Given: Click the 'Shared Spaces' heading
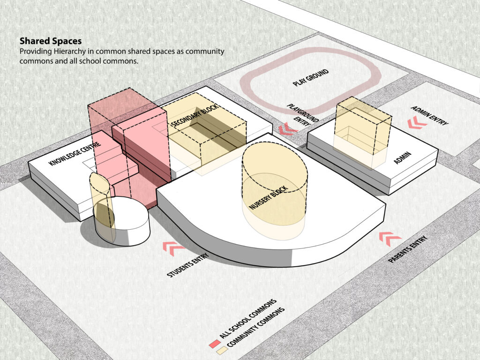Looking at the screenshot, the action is point(51,41).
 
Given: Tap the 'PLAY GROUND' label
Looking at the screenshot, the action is point(311,77).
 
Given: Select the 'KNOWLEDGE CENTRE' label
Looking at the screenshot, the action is point(75,154).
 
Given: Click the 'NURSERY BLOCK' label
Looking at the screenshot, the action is point(269,197).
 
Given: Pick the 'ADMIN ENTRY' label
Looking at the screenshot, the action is point(429,115).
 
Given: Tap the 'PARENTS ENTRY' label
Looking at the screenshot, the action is point(407,249).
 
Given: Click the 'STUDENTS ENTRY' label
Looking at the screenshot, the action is point(187,265).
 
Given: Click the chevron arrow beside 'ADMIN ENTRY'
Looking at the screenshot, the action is point(417,122).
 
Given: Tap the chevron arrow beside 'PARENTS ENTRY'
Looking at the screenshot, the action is point(390,239).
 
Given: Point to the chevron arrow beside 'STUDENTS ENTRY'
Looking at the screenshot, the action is point(173,248).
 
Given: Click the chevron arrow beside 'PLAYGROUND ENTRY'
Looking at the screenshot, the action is point(287,129).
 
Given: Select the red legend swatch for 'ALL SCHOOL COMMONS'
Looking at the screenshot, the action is point(215,344).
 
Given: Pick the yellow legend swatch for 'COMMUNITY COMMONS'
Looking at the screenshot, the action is point(222,351).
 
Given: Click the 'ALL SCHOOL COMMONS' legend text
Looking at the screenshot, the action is point(248,319).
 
